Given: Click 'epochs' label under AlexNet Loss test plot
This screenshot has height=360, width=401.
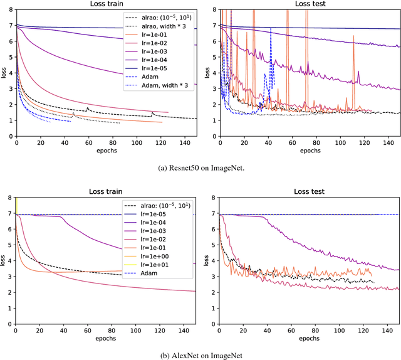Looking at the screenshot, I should (x=309, y=339).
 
